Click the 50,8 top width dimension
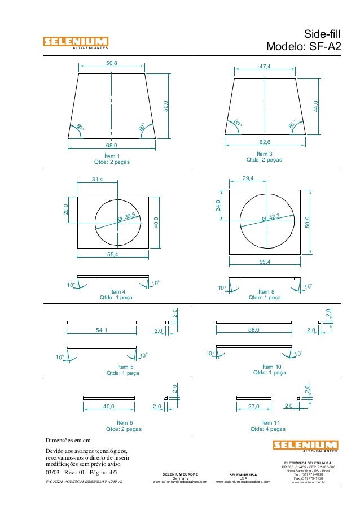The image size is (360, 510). (112, 63)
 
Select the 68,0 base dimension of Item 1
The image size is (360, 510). (112, 145)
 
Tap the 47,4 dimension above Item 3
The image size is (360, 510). (265, 67)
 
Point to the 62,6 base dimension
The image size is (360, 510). (265, 142)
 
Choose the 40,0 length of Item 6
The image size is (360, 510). (109, 406)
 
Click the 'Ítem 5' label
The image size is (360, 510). (124, 366)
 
